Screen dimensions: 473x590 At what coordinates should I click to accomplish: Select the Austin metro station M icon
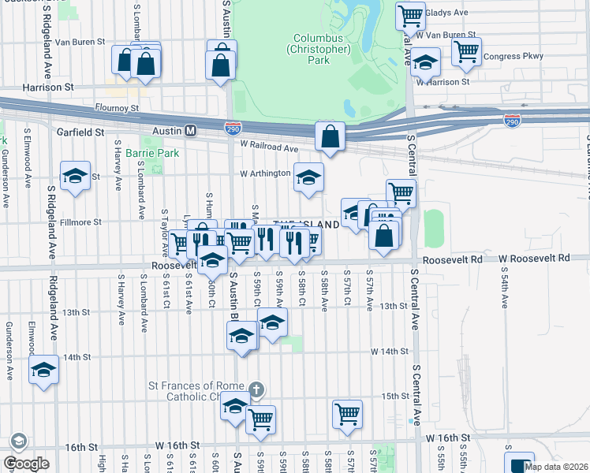190,130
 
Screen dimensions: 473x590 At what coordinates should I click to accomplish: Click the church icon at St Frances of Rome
256,389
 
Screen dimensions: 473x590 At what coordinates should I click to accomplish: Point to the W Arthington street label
265,173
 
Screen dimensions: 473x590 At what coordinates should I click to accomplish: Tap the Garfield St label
80,132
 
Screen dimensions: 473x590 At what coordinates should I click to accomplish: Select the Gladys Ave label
446,13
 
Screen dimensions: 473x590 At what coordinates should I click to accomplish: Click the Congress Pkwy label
513,57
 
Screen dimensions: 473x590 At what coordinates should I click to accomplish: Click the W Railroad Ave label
270,147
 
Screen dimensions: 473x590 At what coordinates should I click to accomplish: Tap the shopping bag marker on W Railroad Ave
330,136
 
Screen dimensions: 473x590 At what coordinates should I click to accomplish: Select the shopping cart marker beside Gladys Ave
410,14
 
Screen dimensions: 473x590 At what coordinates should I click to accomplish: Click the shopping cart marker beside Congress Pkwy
467,51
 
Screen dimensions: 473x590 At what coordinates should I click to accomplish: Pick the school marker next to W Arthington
308,177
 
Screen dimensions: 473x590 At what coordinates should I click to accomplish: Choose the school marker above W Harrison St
425,61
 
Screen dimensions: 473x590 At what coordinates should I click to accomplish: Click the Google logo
26,464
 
